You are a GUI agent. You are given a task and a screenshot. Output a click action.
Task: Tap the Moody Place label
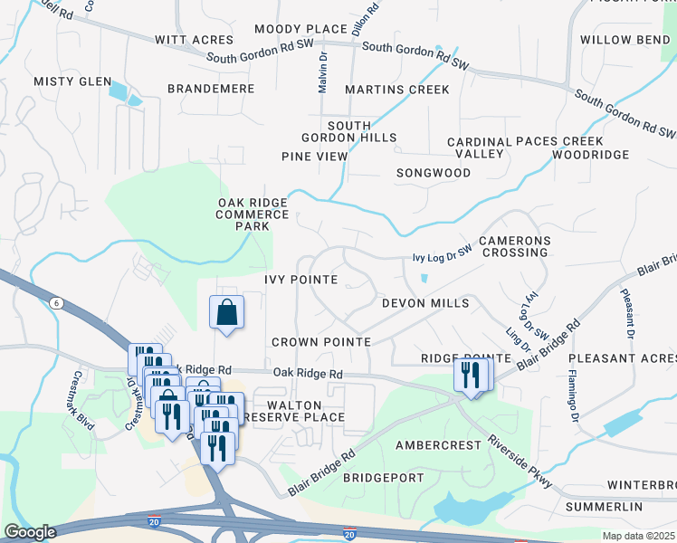point(300,29)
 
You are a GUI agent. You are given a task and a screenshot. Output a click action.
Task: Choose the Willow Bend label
point(625,40)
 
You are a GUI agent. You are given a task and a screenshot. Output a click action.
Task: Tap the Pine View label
point(314,157)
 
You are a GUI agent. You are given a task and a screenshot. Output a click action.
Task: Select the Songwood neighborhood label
point(434,172)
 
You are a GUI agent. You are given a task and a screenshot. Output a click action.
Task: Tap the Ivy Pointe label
point(300,280)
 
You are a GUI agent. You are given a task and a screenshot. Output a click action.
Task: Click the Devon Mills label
point(425,302)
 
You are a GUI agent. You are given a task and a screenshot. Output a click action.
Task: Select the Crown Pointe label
point(321,342)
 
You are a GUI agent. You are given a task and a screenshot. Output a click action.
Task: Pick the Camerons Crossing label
point(513,246)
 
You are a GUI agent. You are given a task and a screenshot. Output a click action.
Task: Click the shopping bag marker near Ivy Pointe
point(226,312)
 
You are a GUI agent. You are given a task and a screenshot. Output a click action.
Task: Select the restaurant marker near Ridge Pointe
point(470,375)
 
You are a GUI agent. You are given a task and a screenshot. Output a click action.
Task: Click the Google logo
point(30,532)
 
